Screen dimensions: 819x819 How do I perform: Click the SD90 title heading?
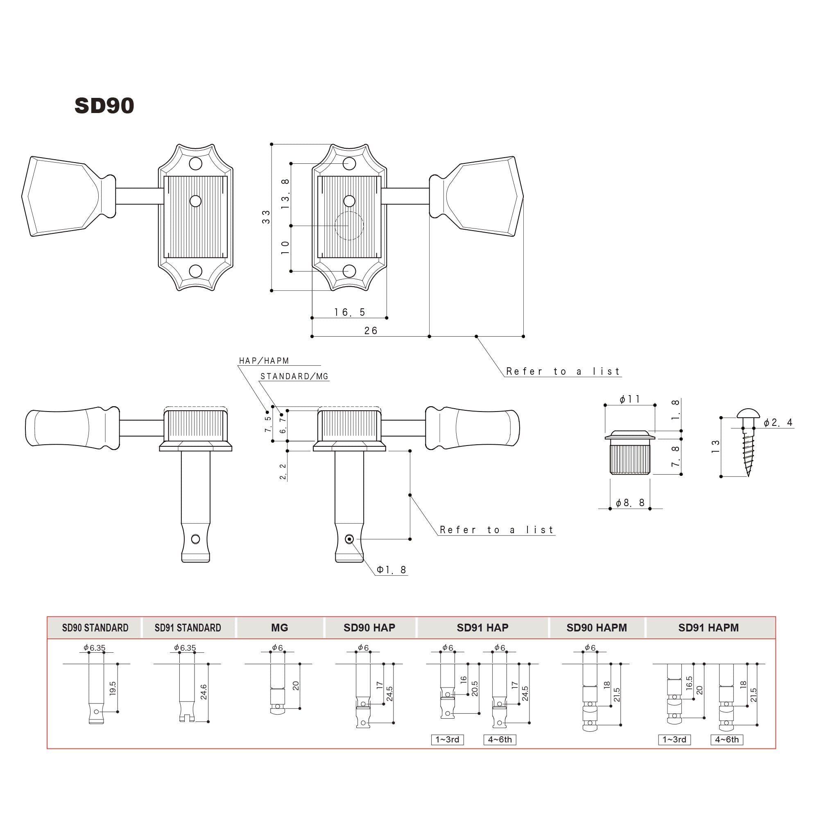(x=104, y=106)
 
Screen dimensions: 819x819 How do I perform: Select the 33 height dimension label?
(x=266, y=217)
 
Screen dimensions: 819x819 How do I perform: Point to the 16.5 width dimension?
(x=350, y=312)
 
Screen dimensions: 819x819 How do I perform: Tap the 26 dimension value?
(x=371, y=330)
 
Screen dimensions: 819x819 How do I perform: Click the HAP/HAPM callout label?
(x=264, y=361)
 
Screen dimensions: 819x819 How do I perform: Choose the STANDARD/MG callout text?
(x=294, y=376)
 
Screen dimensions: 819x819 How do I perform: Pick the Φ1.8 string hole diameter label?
(x=392, y=570)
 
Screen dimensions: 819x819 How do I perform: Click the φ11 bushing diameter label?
(x=629, y=399)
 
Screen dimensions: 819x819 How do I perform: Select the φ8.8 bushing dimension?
(x=630, y=503)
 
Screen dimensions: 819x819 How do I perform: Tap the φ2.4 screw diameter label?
(x=778, y=423)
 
